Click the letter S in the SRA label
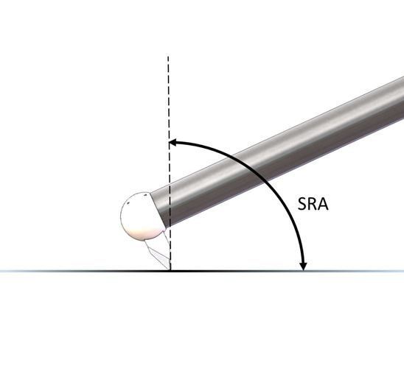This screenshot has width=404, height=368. [x=303, y=204]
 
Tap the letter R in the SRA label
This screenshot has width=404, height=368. [x=313, y=204]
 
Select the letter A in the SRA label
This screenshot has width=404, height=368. [x=324, y=204]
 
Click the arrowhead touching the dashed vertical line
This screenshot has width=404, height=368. [x=172, y=143]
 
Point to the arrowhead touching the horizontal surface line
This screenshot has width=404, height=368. [x=304, y=266]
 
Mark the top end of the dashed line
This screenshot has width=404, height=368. [x=168, y=57]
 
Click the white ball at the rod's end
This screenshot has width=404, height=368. [x=142, y=216]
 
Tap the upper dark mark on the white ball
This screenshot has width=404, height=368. [x=145, y=195]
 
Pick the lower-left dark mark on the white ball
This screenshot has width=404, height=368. [x=128, y=203]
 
